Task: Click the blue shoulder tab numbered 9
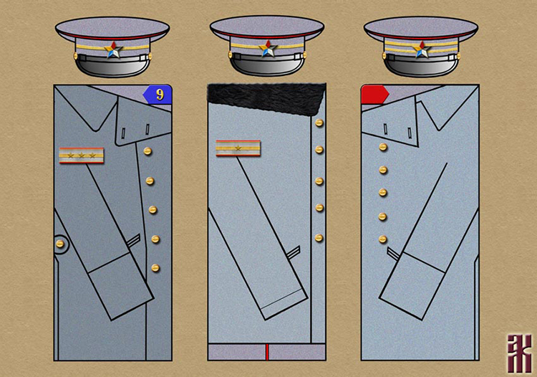[x=158, y=93]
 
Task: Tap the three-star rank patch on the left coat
[x=81, y=155]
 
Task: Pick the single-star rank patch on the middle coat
[x=238, y=148]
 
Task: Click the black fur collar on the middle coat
[x=266, y=97]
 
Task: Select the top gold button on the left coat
[x=147, y=151]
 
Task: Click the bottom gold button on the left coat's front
[x=155, y=268]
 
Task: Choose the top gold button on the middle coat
[x=319, y=123]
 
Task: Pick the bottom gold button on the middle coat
[x=319, y=237]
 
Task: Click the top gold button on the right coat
[x=383, y=147]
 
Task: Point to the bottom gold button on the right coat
[x=383, y=239]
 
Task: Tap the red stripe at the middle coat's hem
[x=266, y=351]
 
